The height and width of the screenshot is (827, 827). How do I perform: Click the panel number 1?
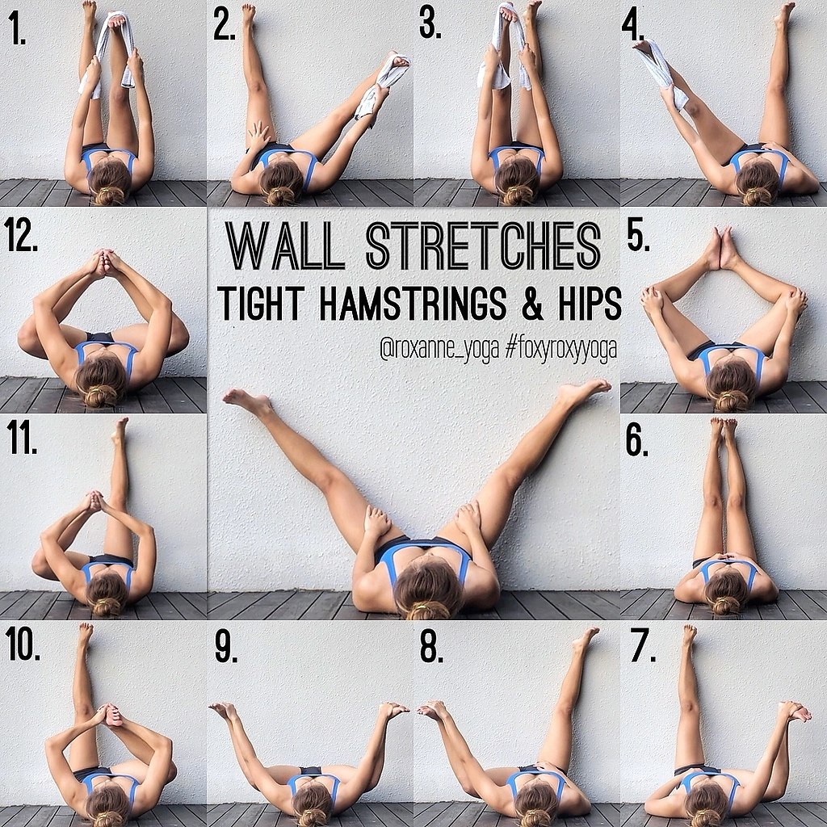tap(18, 31)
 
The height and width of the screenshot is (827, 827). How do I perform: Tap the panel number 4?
tap(633, 27)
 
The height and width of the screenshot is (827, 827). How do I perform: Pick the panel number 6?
tap(637, 441)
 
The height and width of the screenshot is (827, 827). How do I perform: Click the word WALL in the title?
tap(285, 246)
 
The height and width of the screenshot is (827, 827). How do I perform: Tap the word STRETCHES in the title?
tap(483, 246)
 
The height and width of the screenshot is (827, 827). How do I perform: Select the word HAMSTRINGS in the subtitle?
tap(413, 304)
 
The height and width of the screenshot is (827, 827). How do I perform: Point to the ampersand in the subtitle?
tap(533, 304)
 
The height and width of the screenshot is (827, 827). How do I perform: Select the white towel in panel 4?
tap(661, 73)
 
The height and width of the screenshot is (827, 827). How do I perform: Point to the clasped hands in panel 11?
tap(95, 501)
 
